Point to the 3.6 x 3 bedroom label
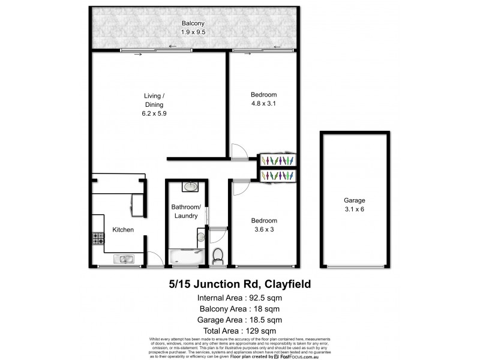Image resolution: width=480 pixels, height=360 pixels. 263,224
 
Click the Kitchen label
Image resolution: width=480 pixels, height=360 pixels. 122,230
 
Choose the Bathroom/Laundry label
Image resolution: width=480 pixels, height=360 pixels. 186,211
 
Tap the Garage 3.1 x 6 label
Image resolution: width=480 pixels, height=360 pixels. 355,205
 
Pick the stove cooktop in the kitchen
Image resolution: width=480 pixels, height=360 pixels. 98,239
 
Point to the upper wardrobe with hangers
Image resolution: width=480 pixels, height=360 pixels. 277,160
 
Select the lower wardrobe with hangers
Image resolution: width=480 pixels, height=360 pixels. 277,175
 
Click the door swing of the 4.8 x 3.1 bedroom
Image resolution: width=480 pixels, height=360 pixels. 239,150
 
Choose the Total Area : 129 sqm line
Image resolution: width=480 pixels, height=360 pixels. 239,331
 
